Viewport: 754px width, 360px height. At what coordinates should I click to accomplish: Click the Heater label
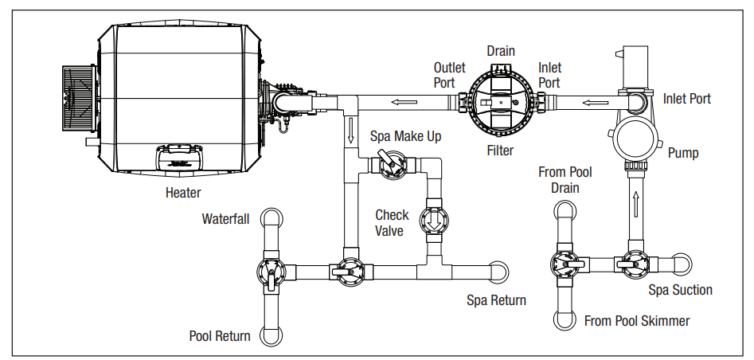182,192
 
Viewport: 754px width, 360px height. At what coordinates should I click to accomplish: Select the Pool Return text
219,335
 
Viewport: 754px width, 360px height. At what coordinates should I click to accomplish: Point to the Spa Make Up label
405,136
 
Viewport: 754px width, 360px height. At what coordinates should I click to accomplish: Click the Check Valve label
392,222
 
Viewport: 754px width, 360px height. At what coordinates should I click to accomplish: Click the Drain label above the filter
501,51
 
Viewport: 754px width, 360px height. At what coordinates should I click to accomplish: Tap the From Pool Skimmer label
637,321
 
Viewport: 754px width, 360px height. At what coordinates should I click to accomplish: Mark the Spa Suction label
680,290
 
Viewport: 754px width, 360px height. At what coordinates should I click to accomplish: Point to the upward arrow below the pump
635,199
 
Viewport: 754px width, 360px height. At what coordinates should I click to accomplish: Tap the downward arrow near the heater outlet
350,129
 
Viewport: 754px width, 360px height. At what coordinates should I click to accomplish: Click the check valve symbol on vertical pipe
435,218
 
